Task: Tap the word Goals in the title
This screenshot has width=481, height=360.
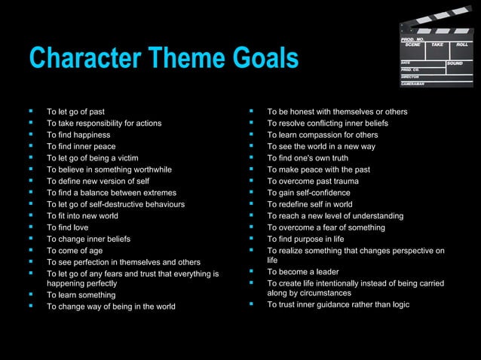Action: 261,59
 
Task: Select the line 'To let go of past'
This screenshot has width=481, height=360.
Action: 75,112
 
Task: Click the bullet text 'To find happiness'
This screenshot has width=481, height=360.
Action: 78,135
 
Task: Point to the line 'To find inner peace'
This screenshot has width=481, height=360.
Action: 81,146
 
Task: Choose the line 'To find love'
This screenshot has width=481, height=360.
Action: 67,227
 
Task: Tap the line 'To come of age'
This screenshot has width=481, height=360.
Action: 74,250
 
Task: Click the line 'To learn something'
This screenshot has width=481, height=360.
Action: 81,295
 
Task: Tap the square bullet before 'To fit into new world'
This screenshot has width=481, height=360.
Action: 31,215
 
